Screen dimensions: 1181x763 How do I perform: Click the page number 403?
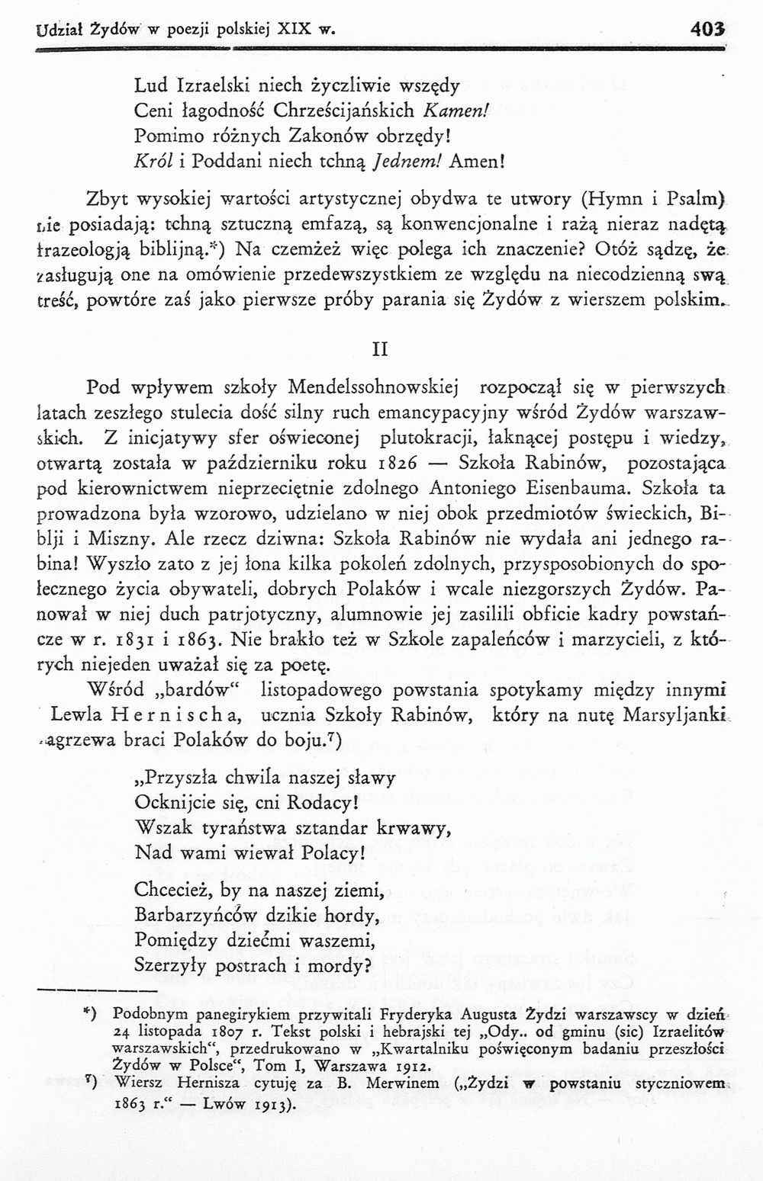click(x=706, y=30)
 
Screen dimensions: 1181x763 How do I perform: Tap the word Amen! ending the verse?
click(x=478, y=162)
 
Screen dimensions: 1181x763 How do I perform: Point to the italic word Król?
click(x=150, y=162)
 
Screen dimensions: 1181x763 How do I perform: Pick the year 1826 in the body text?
click(x=395, y=464)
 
